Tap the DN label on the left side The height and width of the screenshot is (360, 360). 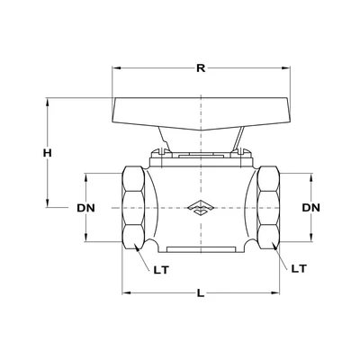(86, 208)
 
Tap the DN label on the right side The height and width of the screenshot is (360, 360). (311, 208)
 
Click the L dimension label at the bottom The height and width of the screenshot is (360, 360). (198, 293)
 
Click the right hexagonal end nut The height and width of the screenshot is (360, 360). (266, 208)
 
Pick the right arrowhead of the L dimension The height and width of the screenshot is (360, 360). (274, 293)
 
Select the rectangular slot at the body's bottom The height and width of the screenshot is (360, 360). (198, 247)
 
